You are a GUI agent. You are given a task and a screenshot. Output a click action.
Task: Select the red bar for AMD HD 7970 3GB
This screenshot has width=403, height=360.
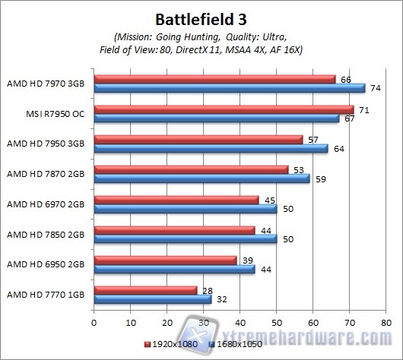(214, 78)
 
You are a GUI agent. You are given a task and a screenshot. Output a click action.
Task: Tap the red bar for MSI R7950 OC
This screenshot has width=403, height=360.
(224, 109)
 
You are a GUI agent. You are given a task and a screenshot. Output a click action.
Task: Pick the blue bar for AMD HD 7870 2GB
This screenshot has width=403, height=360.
(201, 178)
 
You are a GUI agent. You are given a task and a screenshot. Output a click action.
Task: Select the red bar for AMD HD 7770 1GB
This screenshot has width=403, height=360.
(145, 289)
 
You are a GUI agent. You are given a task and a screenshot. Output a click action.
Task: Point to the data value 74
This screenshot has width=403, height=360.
(375, 87)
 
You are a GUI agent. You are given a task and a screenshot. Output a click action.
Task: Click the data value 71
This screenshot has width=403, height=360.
(363, 109)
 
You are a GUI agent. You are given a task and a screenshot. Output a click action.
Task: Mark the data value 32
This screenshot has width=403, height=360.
(221, 299)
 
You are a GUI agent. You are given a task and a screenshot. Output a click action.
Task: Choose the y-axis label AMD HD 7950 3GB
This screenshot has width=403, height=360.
(46, 142)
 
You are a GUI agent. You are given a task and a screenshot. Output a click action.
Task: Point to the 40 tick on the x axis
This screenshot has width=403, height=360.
(240, 322)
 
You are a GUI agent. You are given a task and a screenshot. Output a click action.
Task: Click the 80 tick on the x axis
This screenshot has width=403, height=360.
(386, 322)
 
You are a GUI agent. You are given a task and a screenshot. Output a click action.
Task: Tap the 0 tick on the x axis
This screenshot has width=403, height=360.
(94, 322)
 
